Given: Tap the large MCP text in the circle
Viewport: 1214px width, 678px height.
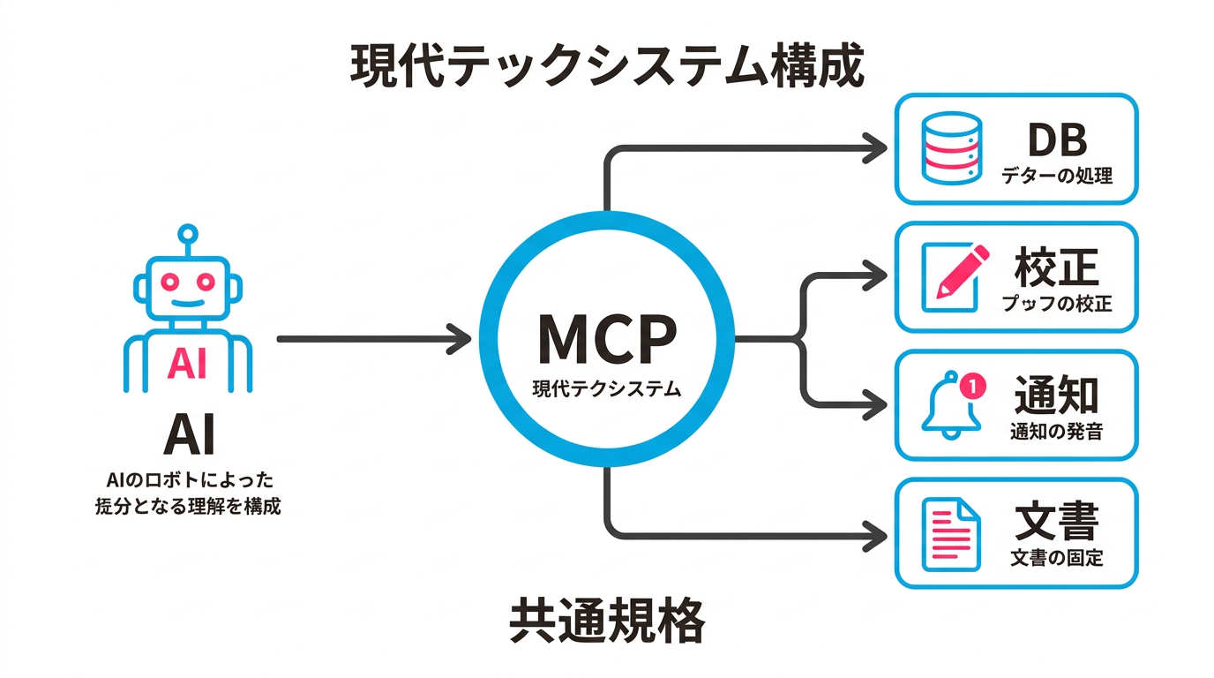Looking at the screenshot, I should (x=607, y=340).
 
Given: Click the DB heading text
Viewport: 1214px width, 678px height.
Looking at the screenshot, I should (x=1057, y=139).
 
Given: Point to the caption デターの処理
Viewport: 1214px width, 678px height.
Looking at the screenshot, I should (x=1057, y=176).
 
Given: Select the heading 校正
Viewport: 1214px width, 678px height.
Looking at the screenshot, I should (x=1057, y=268).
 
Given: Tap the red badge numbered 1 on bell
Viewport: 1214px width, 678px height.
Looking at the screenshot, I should (x=970, y=385).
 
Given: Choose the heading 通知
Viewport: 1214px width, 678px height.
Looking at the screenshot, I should (x=1057, y=395).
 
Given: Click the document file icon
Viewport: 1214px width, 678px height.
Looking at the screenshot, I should (x=950, y=534).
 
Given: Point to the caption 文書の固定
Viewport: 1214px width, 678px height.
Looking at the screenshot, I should (x=1057, y=559).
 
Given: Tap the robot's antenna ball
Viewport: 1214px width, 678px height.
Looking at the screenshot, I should (x=187, y=234).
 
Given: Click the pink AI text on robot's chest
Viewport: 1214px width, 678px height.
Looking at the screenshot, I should (x=187, y=363).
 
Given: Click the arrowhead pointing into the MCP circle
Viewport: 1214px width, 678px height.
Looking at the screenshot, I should (x=461, y=339).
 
